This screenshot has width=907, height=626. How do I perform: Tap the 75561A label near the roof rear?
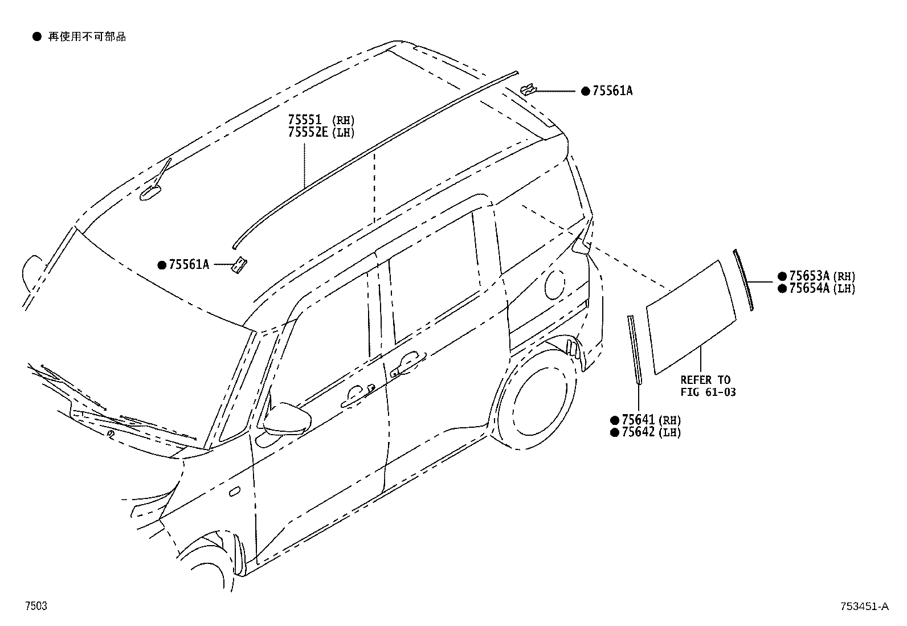pos(612,91)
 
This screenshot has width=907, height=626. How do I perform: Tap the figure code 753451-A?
pos(863,607)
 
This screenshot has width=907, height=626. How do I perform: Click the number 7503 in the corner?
pos(35,607)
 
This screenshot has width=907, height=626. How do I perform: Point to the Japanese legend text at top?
pos(87,37)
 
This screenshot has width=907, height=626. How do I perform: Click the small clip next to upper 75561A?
pos(528,89)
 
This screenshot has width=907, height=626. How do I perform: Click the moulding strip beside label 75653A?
pos(743,279)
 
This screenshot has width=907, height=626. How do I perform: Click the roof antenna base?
pos(152,192)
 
